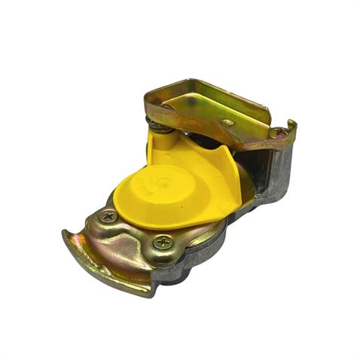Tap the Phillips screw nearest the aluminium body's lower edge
162,243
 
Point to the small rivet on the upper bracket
227,123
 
